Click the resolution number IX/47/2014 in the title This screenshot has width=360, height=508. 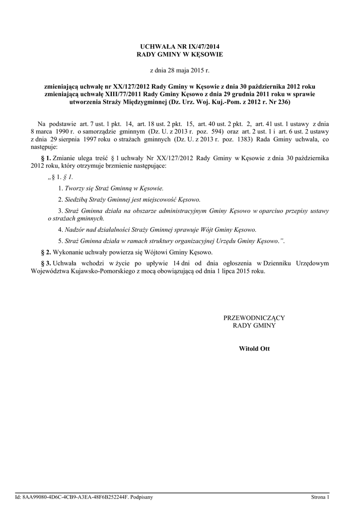pos(199,46)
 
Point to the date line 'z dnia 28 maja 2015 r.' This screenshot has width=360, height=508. pos(180,71)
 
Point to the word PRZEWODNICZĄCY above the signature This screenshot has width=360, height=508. pos(254,317)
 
